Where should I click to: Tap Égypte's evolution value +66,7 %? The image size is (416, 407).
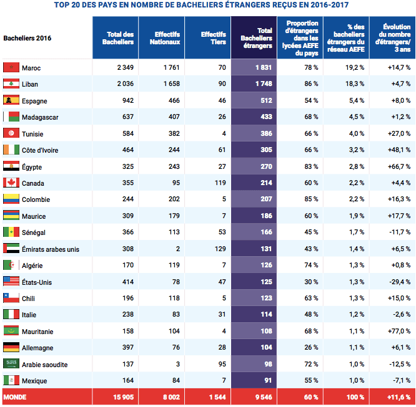click(399, 166)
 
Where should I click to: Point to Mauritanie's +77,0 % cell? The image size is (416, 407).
click(399, 331)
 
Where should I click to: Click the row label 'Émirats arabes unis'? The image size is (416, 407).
click(51, 249)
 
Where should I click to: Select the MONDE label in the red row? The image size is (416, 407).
click(15, 396)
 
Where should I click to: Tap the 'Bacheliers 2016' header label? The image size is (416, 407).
click(27, 38)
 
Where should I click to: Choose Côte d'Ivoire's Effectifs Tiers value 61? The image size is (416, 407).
click(218, 150)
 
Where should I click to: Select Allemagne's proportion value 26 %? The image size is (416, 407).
click(311, 348)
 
